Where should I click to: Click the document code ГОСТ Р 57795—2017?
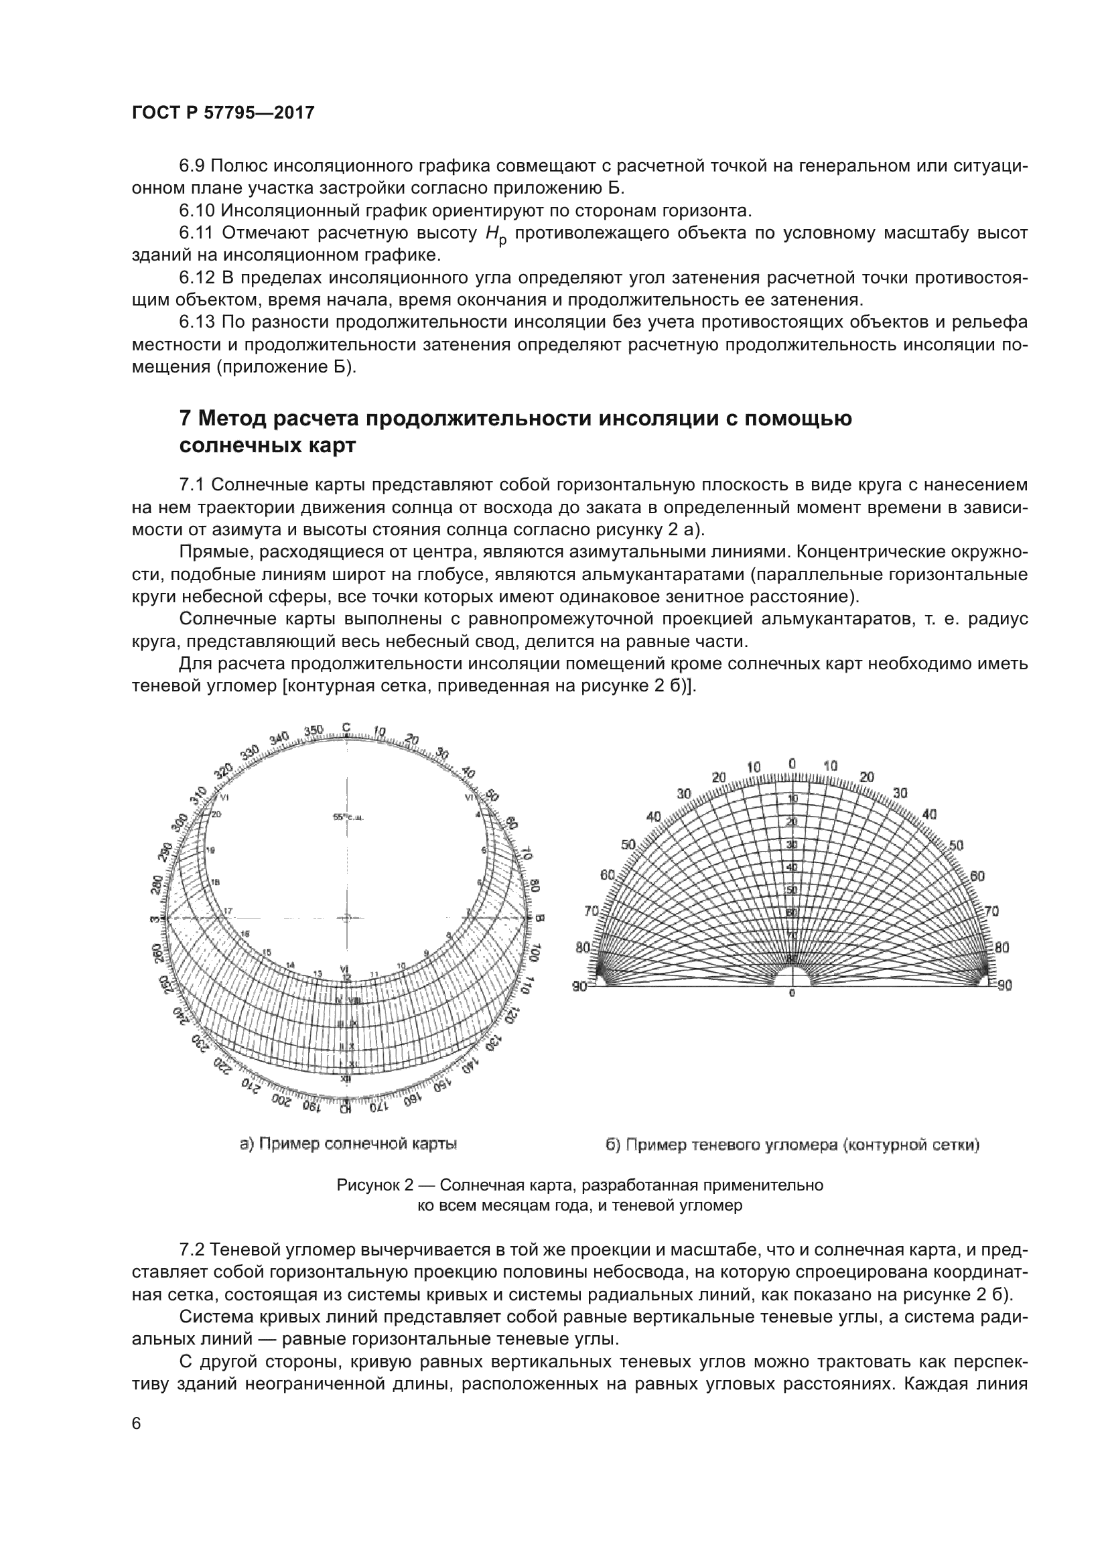click(223, 113)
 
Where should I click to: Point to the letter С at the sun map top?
click(346, 728)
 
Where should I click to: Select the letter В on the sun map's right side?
click(539, 918)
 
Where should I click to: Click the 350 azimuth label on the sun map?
click(313, 731)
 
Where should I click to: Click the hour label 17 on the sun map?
click(228, 910)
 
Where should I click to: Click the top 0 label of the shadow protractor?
click(791, 763)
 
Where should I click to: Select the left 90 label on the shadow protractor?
click(579, 985)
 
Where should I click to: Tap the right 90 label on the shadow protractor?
click(1005, 985)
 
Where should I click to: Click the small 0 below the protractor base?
click(792, 993)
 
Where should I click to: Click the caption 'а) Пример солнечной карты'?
click(348, 1144)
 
